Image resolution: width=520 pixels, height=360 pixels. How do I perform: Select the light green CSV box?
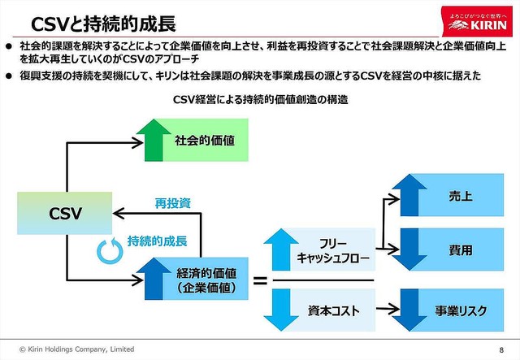click(x=65, y=214)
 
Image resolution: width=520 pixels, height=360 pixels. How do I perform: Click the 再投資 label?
click(x=172, y=202)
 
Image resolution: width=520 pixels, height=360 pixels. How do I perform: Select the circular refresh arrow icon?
click(x=108, y=251)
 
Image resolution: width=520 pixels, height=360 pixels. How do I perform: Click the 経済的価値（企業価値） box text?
click(x=206, y=280)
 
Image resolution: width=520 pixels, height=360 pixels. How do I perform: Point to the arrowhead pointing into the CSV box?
click(x=116, y=214)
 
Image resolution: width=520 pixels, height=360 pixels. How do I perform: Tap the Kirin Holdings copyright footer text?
click(x=74, y=349)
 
